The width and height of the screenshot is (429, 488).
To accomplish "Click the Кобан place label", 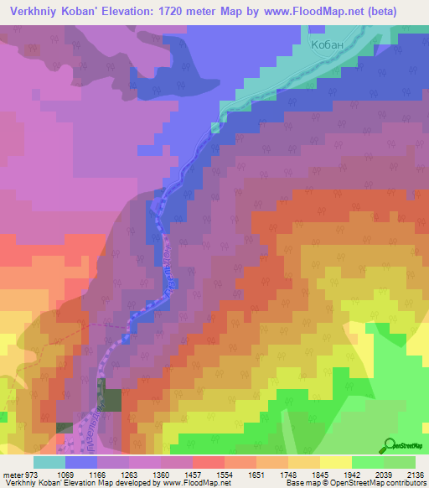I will pos(328,47).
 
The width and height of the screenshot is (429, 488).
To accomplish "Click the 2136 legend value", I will pos(416,475).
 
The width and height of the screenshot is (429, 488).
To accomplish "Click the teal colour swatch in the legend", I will pos(49,462).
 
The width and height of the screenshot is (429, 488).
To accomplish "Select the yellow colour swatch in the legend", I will pos(335,462).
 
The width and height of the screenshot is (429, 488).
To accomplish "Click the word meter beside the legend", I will pos(13,475).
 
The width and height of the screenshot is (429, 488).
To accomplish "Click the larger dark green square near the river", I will pos(108,394).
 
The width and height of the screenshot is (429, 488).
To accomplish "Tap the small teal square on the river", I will pos(215,127).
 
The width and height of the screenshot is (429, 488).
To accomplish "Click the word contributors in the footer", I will pos(408,483).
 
